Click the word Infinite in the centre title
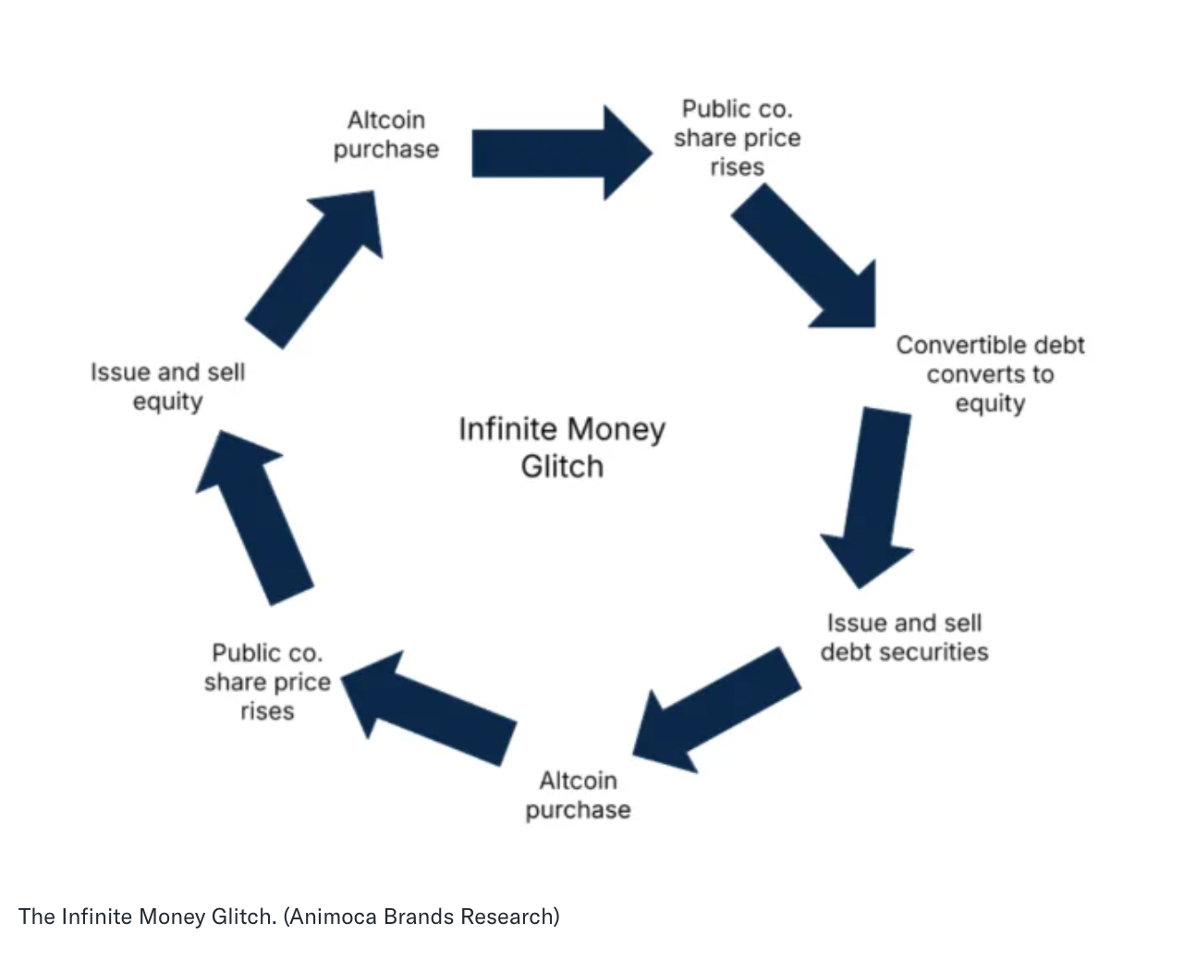pos(507,429)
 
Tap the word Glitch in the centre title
pos(562,466)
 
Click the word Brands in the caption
pos(419,917)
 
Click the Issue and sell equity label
pos(167,387)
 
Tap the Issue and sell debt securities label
pos(904,637)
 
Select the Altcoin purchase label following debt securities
pos(578,794)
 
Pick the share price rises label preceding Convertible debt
pos(737,138)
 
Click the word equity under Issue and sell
pos(167,401)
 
